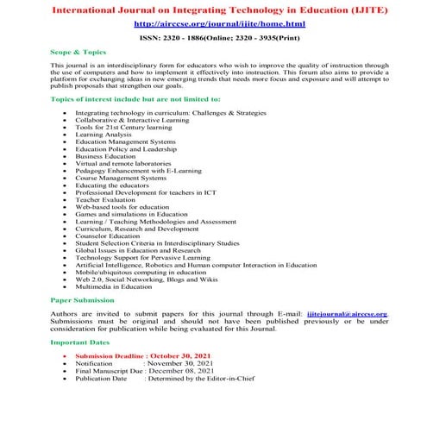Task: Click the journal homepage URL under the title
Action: (212, 25)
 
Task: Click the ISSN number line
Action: (213, 39)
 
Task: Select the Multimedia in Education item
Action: (114, 286)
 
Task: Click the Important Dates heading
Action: (78, 342)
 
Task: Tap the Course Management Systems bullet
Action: (120, 178)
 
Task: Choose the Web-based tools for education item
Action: (122, 207)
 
